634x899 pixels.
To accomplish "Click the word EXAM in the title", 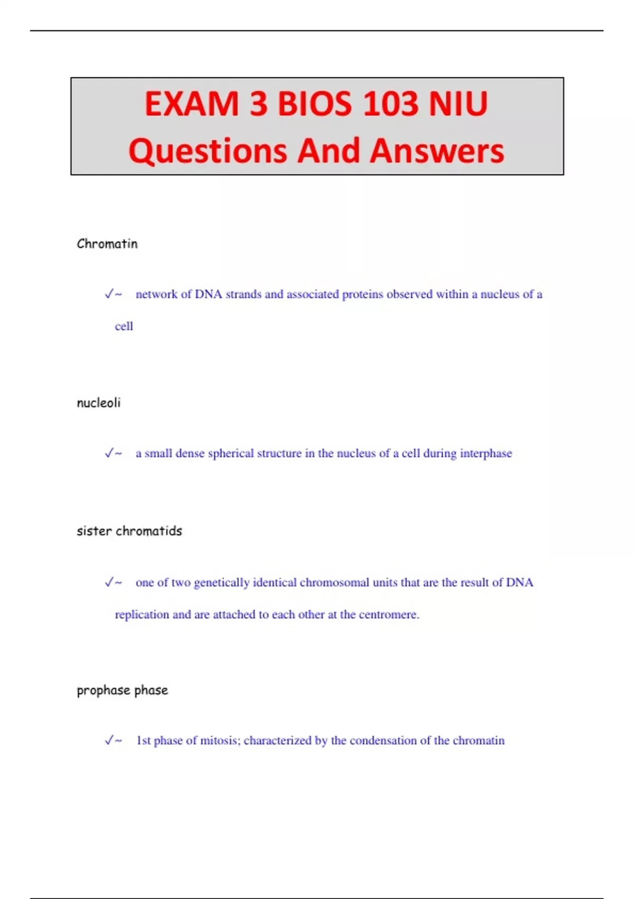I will coord(191,104).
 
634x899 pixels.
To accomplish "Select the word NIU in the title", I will coord(458,104).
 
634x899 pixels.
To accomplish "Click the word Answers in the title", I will coord(437,151).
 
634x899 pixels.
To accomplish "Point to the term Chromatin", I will coord(107,244).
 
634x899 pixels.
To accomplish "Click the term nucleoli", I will coord(99,403).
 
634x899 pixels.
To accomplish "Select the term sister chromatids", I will coord(129,531).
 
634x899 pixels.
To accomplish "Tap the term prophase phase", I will coord(123,690).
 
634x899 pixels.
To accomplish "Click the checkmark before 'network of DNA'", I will coord(109,294).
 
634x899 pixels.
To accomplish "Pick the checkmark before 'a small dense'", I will coord(109,453).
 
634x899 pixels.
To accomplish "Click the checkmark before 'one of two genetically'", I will coord(109,582).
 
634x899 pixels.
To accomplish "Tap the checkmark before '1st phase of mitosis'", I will coord(109,740).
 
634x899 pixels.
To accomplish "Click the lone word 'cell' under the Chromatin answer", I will coord(124,326).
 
